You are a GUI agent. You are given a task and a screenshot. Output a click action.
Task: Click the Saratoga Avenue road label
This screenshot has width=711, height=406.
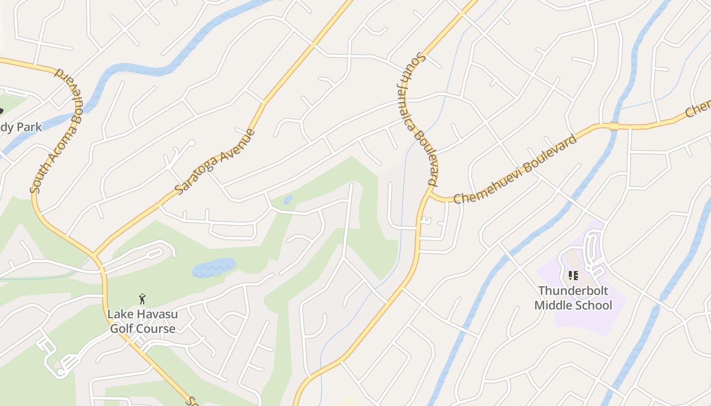(214, 162)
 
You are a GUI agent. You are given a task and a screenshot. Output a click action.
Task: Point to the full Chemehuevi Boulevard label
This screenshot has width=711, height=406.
(515, 169)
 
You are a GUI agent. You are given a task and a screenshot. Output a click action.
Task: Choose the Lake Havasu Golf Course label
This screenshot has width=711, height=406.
(142, 321)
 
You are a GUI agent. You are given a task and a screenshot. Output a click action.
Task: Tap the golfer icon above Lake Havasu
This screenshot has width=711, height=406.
(142, 299)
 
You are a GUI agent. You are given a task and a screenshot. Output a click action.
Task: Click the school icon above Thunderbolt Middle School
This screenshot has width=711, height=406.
(573, 276)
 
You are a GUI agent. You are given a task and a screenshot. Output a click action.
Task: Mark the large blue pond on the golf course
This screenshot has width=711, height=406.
(214, 267)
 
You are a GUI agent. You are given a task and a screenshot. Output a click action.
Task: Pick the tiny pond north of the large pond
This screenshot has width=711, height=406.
(288, 199)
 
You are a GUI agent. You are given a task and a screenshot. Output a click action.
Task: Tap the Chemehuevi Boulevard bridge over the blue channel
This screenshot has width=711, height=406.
(613, 125)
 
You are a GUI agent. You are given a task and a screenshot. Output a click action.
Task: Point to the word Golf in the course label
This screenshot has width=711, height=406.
(122, 328)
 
